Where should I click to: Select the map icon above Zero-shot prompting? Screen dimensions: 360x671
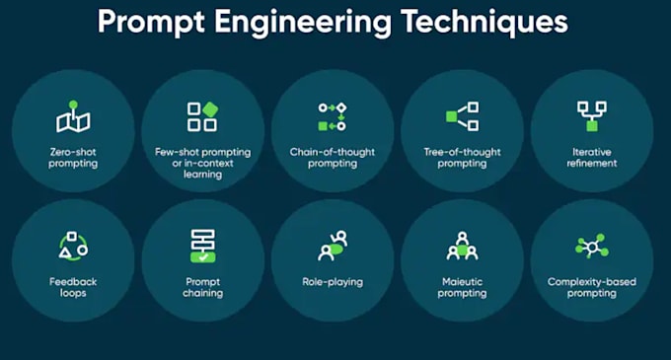[x=73, y=117]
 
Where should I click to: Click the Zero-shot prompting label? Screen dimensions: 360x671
[x=73, y=158]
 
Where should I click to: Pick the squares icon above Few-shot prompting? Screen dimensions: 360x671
[x=202, y=116]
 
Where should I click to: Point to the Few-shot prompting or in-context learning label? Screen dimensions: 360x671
[x=202, y=163]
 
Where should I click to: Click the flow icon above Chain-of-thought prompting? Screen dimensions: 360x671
[x=332, y=116]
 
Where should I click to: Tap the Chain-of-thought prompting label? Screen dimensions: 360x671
[x=332, y=158]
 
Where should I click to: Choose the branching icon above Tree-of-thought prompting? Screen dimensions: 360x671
[x=462, y=116]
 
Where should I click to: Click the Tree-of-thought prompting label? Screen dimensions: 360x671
[x=462, y=158]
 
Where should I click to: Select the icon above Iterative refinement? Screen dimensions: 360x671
[x=591, y=116]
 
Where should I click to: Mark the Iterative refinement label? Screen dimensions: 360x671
[x=591, y=158]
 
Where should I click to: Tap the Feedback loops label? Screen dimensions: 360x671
[x=73, y=287]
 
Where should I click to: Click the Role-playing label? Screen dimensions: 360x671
[x=332, y=282]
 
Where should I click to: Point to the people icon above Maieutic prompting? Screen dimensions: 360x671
[x=462, y=246]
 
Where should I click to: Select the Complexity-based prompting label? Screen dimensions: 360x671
[x=591, y=287]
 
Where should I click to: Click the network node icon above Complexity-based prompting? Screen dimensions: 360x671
[x=591, y=246]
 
